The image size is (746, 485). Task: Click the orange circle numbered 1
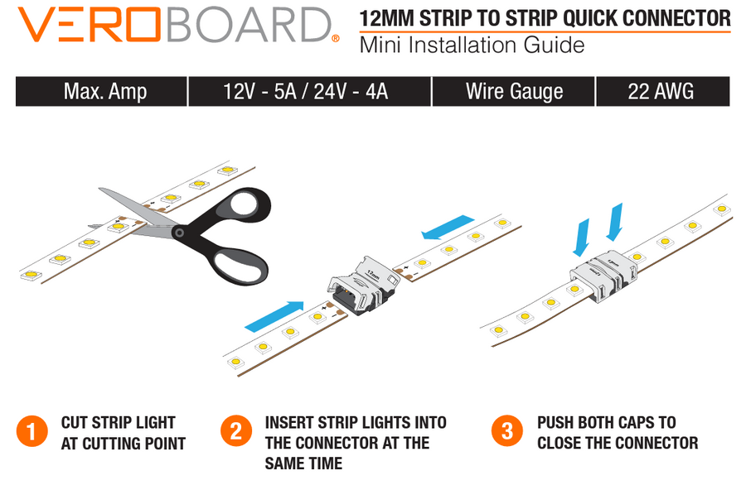tap(31, 432)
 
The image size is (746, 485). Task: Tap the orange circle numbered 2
tap(236, 431)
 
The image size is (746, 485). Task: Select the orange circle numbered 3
tap(507, 431)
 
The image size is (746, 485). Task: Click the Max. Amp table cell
tap(101, 91)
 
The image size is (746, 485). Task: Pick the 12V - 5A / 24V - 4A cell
tap(310, 91)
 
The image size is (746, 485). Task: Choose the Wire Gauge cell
tap(513, 91)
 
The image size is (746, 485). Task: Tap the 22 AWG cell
tap(663, 91)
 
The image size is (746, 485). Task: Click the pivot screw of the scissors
tap(179, 233)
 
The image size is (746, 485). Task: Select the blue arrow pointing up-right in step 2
tap(274, 316)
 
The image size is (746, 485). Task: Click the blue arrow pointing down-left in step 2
tap(448, 228)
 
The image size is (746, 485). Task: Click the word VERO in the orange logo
tap(89, 25)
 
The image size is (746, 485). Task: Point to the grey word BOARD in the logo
tap(249, 25)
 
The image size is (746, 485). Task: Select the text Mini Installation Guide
tap(472, 46)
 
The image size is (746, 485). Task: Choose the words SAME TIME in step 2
tap(303, 463)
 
